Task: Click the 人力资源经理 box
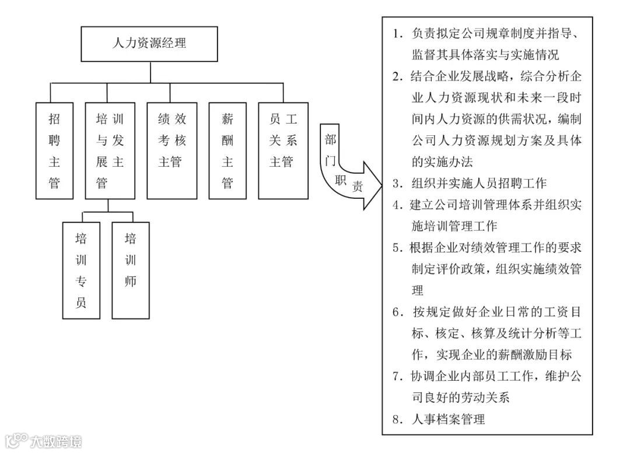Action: tap(150, 44)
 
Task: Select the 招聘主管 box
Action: tap(54, 150)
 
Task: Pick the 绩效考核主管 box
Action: tap(171, 150)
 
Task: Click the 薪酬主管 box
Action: tap(228, 150)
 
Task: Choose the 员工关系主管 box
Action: tap(283, 150)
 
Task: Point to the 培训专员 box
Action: tap(80, 270)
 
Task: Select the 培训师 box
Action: tap(130, 270)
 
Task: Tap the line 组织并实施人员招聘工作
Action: tap(478, 183)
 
